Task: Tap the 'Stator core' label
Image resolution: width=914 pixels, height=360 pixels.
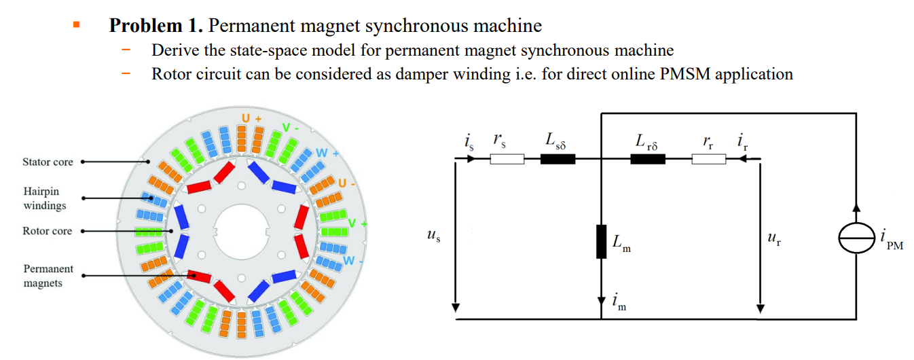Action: [x=48, y=162]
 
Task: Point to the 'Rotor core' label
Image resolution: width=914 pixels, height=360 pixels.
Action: [x=47, y=231]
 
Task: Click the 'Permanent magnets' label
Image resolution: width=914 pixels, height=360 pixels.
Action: [x=48, y=276]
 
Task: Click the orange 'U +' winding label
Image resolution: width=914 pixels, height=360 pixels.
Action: [x=252, y=118]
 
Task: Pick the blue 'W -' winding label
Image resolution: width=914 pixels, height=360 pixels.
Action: [x=353, y=260]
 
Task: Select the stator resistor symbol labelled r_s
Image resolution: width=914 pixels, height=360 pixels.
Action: [x=507, y=160]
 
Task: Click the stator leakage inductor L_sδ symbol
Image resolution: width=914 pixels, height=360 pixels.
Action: [x=557, y=160]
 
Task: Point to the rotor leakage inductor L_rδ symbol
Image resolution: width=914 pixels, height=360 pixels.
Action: [x=647, y=160]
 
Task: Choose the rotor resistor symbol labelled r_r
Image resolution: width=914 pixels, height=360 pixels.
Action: [x=708, y=160]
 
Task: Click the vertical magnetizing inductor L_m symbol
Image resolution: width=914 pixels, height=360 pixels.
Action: [x=601, y=242]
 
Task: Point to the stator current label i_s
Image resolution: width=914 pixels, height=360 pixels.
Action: [x=469, y=142]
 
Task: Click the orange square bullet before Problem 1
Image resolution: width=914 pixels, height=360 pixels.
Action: [x=77, y=25]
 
